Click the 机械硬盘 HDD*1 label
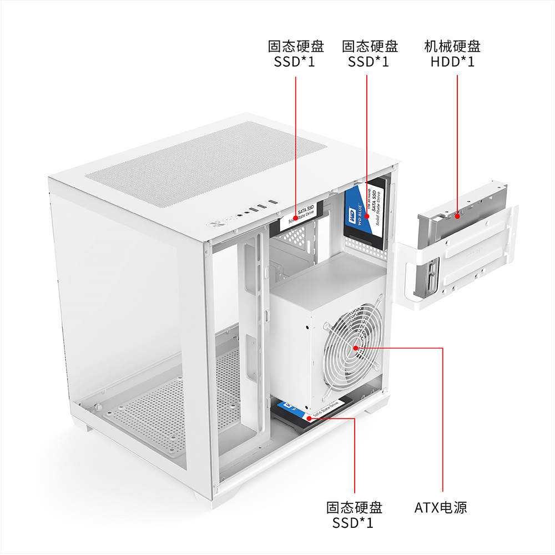click(452, 54)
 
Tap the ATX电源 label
click(441, 507)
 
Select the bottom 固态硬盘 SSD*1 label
click(354, 514)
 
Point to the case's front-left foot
click(86, 428)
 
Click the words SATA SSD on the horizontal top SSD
click(305, 210)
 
